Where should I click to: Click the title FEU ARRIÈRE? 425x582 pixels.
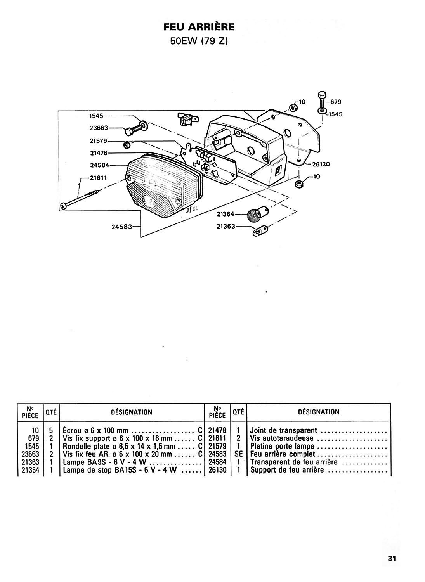coord(199,27)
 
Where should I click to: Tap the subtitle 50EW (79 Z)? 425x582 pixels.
coord(199,41)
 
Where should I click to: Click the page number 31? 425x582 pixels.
coord(392,558)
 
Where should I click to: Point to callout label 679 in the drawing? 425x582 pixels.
coord(336,102)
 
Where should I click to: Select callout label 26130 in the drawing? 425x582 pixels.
coord(321,164)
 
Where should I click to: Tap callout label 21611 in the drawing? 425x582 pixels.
coord(99,178)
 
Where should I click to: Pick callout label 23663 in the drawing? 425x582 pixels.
coord(99,128)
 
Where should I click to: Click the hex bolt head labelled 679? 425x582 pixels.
coord(322,95)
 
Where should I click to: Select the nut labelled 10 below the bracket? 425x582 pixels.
coord(300,184)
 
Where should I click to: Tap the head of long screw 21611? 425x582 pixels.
coord(64,206)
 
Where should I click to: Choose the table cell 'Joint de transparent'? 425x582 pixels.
coord(283,431)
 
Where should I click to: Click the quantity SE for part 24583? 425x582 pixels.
coord(238,454)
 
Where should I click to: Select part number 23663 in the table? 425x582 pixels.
coord(30,454)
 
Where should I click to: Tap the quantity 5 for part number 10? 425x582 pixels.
coord(51,431)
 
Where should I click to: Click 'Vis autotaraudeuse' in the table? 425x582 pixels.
coord(281,438)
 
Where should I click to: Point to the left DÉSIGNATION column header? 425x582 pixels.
coord(132,412)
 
